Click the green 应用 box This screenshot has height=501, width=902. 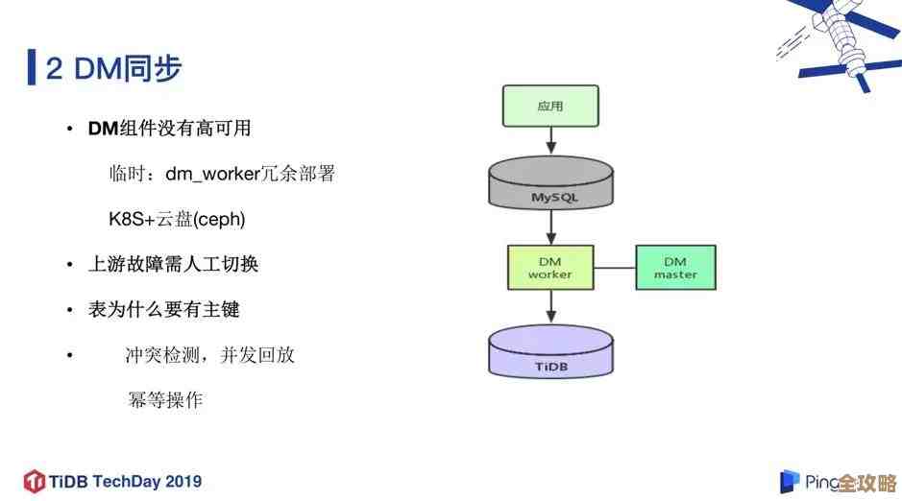[x=550, y=106]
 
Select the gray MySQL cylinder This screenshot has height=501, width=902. [x=550, y=186]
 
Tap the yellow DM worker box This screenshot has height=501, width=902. [x=550, y=267]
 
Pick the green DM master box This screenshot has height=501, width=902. [x=675, y=267]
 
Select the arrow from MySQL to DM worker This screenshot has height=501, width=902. [x=550, y=227]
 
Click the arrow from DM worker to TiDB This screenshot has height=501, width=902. [x=550, y=307]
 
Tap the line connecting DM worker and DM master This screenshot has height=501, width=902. [x=615, y=267]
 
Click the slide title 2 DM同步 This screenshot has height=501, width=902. [x=113, y=68]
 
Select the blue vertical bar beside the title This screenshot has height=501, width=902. [x=32, y=67]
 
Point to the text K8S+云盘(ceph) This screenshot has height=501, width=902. [x=177, y=219]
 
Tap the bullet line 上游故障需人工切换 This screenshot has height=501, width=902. [x=174, y=264]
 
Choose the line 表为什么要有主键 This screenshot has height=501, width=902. [x=163, y=309]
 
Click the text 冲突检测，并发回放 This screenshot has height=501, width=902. [x=209, y=355]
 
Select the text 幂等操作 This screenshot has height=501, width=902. [x=165, y=400]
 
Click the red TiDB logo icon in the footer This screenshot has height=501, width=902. [x=35, y=480]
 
